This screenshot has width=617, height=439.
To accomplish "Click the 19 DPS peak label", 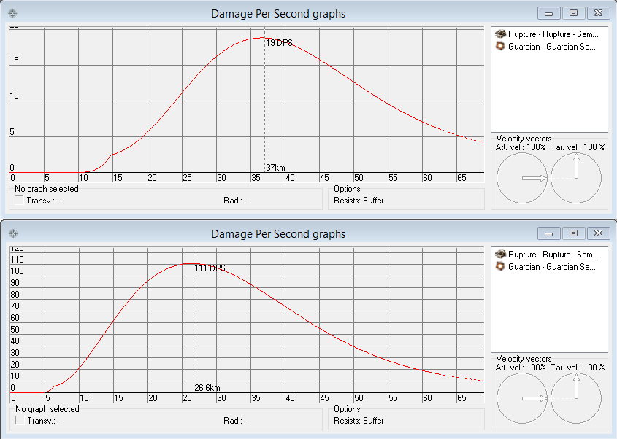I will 278,44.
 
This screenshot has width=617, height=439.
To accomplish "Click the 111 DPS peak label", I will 209,268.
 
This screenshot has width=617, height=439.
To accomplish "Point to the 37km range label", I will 275,167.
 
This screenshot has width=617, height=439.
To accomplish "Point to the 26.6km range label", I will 207,387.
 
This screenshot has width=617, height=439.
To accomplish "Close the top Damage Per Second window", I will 597,13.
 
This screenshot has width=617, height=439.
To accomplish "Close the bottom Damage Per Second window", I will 597,233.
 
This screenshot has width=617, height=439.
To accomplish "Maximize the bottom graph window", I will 573,233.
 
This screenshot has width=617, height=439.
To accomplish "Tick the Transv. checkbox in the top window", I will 19,201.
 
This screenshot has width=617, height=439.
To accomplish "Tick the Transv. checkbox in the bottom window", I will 19,421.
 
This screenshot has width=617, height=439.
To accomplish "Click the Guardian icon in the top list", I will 500,47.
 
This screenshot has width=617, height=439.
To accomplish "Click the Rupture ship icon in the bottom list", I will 500,254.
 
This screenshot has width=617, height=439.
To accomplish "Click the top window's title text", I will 278,13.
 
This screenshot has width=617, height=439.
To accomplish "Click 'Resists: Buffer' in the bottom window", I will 359,421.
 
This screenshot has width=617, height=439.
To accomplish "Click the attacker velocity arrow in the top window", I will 534,178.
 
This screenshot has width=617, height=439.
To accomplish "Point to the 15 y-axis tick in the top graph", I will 14,61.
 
